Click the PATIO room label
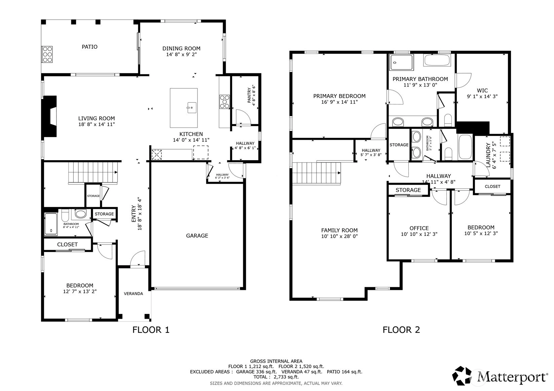(x=89, y=47)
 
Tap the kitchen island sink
(x=192, y=108)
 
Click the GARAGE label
(x=197, y=235)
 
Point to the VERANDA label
(x=133, y=294)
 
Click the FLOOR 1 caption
(x=151, y=330)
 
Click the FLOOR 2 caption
(x=401, y=330)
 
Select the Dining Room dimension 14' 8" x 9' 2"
(x=181, y=54)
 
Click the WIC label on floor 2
(x=482, y=90)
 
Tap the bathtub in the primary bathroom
(x=437, y=60)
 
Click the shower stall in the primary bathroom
(x=401, y=62)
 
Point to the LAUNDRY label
(x=488, y=155)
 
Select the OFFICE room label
(x=419, y=228)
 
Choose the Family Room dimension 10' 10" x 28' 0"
(x=339, y=236)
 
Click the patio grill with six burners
(x=47, y=54)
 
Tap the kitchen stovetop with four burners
(x=224, y=102)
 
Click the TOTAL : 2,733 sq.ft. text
(x=276, y=377)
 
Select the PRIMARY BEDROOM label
(x=339, y=96)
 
